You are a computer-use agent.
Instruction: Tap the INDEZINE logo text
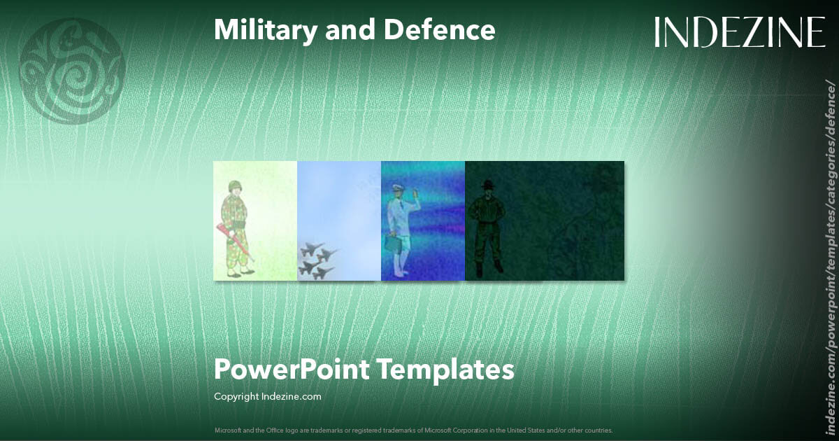click(x=740, y=32)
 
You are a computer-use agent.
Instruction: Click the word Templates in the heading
click(x=446, y=369)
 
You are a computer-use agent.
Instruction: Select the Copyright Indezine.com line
click(x=267, y=397)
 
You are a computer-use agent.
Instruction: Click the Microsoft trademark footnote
click(x=413, y=430)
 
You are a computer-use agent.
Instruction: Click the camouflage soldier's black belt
click(x=239, y=224)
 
